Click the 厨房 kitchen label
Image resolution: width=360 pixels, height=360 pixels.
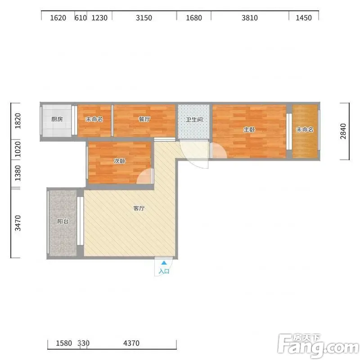[x=57, y=119]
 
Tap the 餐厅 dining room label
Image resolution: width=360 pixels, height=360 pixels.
[x=144, y=119]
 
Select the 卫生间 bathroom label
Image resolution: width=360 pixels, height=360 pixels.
[x=194, y=120]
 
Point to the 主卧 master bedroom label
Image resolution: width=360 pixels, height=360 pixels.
[x=249, y=130]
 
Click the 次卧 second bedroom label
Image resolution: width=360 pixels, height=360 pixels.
[x=120, y=161]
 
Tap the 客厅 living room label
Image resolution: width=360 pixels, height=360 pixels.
[x=139, y=208]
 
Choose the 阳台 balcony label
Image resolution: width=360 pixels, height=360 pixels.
[x=63, y=221]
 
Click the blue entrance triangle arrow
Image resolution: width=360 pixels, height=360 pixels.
[x=164, y=263]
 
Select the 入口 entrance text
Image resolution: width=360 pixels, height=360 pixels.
[x=164, y=271]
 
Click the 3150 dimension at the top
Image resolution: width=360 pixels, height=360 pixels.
[x=144, y=18]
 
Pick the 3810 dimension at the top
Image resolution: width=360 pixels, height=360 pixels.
[x=250, y=18]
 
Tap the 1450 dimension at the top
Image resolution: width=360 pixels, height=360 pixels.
[x=303, y=18]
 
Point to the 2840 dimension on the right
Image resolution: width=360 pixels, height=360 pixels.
[x=343, y=131]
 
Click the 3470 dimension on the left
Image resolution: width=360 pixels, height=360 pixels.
[x=18, y=223]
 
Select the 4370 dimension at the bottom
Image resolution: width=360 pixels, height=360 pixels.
[x=131, y=343]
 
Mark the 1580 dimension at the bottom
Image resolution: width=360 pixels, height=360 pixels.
[x=64, y=343]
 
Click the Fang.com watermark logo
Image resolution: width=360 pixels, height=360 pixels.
[x=319, y=346]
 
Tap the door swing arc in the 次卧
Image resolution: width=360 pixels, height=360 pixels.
[x=140, y=173]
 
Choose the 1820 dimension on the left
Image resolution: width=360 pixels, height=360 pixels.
[x=18, y=121]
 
